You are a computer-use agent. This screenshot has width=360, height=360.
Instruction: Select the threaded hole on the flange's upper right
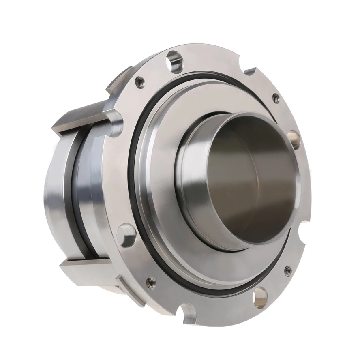click(x=275, y=97)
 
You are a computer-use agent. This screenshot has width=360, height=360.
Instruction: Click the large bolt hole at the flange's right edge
click(x=294, y=139)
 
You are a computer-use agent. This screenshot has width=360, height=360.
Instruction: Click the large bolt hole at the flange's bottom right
click(x=260, y=297)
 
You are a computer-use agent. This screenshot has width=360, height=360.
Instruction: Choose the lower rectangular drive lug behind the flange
click(x=85, y=268)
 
